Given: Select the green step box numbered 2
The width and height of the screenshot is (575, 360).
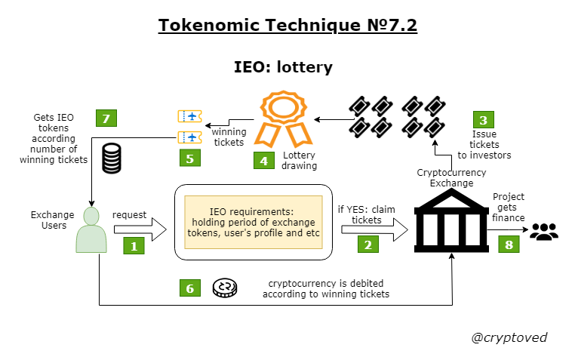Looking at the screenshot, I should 367,245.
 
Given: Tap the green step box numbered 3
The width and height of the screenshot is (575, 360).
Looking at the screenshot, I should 484,120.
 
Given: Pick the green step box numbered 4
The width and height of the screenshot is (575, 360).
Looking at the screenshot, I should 263,160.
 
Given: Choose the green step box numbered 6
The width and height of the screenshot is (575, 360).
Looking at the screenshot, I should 190,288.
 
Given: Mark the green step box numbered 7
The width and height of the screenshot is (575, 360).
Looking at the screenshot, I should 106,118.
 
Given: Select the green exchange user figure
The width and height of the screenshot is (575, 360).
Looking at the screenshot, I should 91,229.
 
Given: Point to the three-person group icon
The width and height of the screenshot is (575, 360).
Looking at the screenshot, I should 543,232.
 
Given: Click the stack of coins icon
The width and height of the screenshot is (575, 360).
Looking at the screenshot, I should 112,158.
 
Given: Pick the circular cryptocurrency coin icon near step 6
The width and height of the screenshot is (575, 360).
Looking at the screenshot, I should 224,288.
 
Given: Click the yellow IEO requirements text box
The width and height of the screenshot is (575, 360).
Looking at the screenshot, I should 254,220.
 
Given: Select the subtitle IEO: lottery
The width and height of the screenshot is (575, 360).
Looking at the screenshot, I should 283,66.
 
